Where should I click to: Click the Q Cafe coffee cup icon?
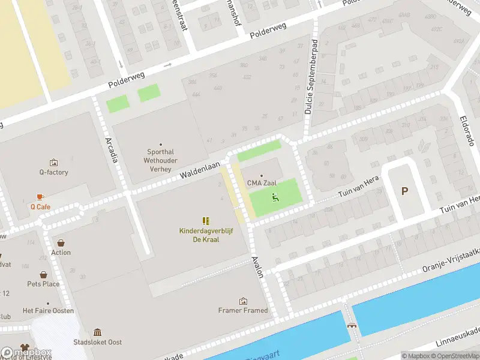click(40, 197)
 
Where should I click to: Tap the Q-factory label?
click(54, 172)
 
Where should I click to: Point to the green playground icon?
click(275, 197)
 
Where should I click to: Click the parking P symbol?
click(404, 191)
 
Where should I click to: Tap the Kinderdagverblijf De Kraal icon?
click(206, 221)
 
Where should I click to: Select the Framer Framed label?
click(243, 310)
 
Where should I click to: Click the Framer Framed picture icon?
click(243, 301)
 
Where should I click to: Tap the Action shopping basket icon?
click(61, 243)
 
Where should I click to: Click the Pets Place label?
click(43, 284)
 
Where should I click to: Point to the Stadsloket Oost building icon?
click(98, 332)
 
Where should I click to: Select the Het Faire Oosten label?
click(48, 310)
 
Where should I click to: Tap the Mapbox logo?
click(26, 352)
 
